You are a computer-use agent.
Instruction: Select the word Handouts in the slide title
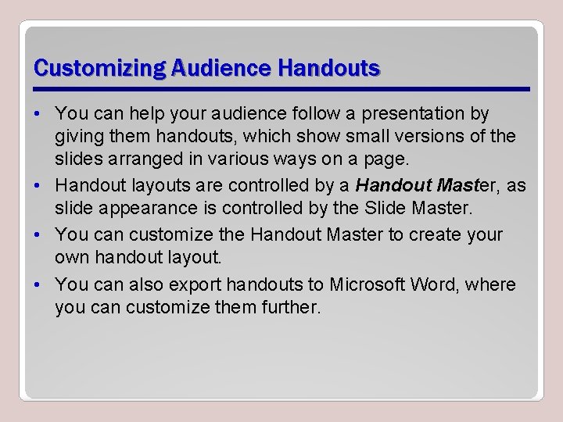click(328, 69)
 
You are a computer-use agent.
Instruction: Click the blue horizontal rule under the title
click(281, 88)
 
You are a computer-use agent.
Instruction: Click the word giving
click(78, 137)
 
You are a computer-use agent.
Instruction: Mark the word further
click(285, 308)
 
